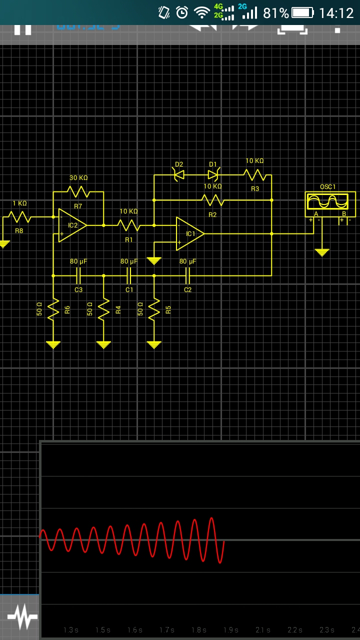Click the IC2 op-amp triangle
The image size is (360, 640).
click(72, 225)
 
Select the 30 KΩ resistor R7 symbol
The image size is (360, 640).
click(78, 191)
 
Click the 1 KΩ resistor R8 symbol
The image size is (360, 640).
click(19, 217)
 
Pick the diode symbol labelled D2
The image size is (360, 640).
click(178, 174)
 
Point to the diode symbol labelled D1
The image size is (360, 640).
click(213, 174)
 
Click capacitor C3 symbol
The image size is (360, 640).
click(78, 275)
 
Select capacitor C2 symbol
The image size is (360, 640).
click(188, 275)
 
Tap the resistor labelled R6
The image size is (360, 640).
click(53, 309)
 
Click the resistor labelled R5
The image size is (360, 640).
click(154, 309)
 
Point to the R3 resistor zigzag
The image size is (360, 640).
click(255, 175)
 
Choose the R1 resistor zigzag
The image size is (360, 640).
click(129, 225)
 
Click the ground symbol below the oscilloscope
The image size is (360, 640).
click(322, 252)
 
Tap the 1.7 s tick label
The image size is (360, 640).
click(166, 630)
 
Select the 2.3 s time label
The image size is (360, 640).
click(326, 630)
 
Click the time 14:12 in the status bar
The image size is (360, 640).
click(336, 13)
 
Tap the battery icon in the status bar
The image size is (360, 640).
click(302, 12)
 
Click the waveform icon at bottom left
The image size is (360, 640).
click(22, 617)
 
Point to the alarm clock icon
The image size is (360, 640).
click(182, 12)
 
